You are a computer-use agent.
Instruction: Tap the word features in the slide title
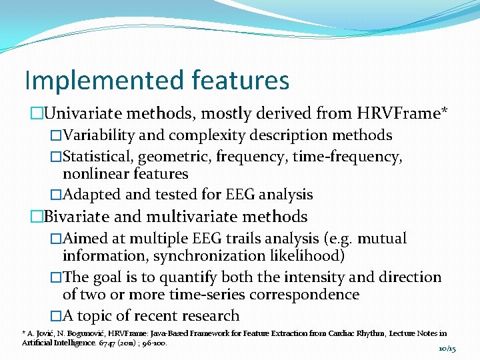click(240, 81)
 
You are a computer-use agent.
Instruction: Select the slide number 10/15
click(447, 349)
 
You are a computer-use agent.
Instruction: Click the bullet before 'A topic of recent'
click(56, 316)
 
